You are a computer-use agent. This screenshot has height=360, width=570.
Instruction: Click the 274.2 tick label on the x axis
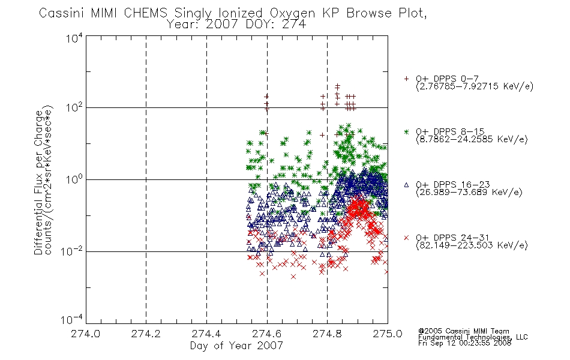(x=146, y=334)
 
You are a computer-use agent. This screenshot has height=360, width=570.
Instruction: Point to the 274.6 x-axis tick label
(x=267, y=334)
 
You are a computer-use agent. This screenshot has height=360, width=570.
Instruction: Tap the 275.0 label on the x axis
(x=388, y=334)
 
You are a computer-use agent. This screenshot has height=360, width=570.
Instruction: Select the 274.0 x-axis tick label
(x=85, y=334)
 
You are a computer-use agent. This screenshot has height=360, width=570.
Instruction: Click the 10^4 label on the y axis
(x=74, y=38)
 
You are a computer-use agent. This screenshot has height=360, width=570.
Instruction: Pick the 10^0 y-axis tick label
(x=74, y=180)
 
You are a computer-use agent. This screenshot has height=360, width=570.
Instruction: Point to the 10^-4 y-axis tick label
(x=72, y=319)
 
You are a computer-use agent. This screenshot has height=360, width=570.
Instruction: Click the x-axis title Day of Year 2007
(x=236, y=346)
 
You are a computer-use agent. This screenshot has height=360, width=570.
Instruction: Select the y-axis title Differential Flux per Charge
(x=38, y=182)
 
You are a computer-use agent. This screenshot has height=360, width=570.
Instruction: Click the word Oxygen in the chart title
(x=293, y=13)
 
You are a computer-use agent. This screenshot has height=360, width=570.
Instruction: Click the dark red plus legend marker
(x=406, y=79)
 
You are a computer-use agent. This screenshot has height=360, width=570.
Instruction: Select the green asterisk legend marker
(x=406, y=131)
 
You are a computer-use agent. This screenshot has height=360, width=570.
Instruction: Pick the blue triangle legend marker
(x=406, y=185)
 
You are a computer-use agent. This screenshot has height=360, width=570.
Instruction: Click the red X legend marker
(x=406, y=238)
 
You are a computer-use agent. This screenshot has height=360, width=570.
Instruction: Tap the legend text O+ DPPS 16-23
(x=453, y=184)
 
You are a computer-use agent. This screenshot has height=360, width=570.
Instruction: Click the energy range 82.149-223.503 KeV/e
(x=472, y=245)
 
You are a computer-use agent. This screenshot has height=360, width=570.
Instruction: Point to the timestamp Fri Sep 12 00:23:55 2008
(x=464, y=343)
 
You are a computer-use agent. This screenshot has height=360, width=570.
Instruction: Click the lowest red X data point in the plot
(x=293, y=277)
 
